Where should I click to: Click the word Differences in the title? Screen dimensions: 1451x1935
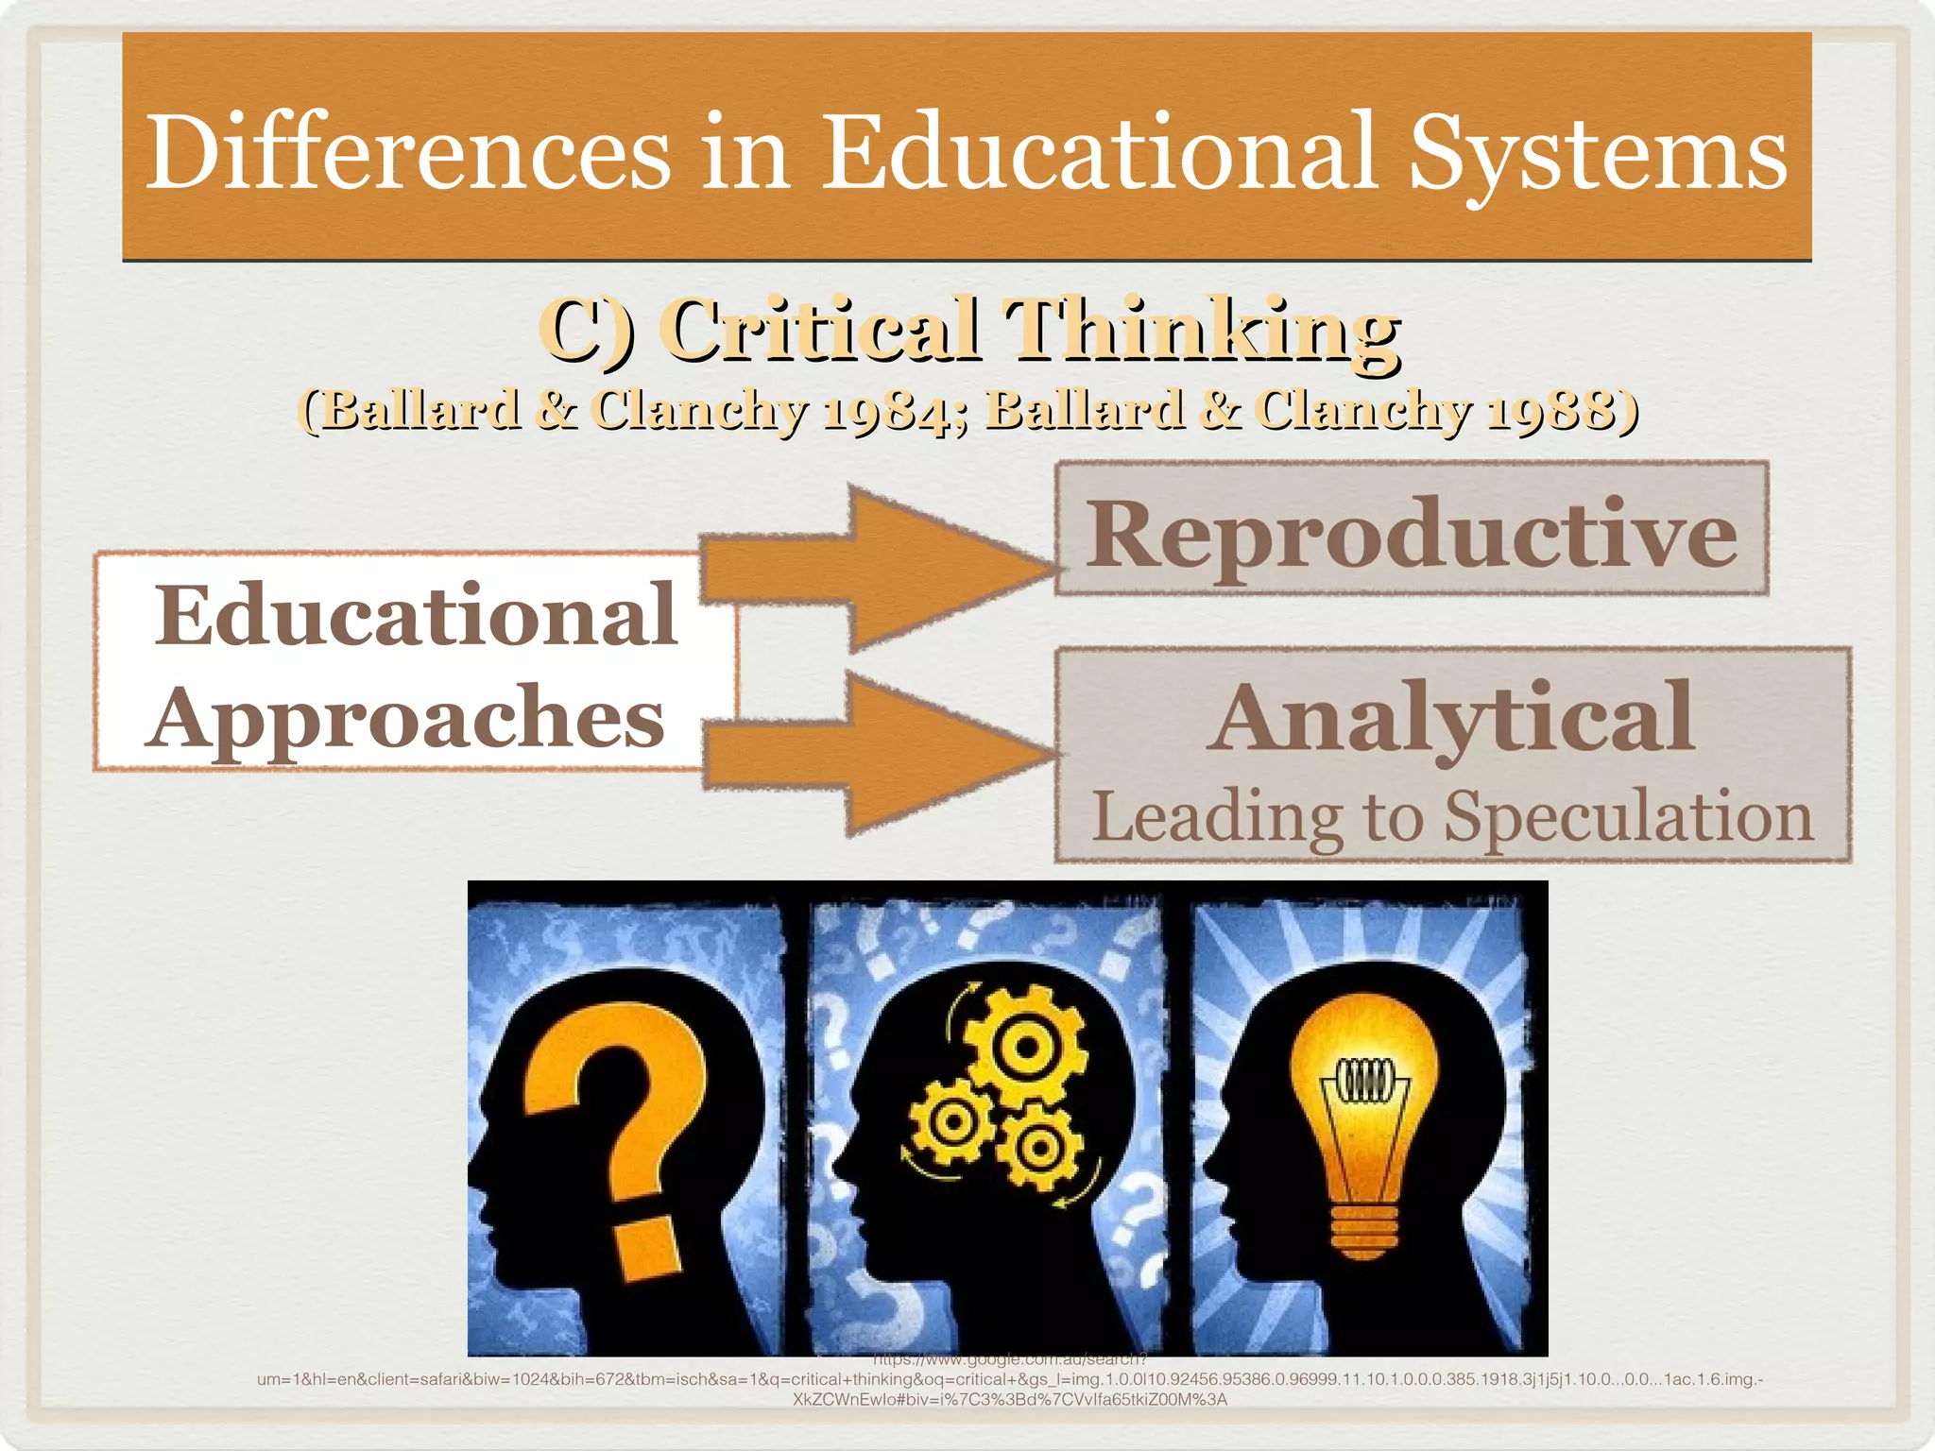408,151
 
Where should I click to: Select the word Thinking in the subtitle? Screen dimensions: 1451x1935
1201,331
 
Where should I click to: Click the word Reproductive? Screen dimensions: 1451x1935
1411,535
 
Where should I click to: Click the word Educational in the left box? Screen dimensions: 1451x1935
416,616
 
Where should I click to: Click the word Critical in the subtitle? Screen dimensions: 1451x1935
822,331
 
